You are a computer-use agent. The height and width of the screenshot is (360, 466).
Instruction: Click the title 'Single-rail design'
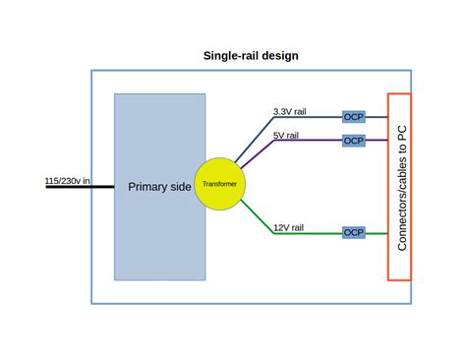coord(251,55)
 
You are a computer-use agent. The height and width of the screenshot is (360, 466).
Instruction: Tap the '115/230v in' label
coord(67,181)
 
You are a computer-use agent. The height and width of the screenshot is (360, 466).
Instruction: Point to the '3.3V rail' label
coord(291,111)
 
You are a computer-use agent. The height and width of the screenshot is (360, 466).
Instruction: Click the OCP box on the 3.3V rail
coord(354,117)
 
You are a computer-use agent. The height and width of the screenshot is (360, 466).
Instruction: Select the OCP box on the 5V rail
coord(354,141)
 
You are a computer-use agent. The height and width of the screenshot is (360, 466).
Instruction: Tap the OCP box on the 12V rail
coord(354,233)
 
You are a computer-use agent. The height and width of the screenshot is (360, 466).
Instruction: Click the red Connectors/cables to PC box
coord(400,186)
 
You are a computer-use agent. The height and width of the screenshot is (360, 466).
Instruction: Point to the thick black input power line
coord(69,187)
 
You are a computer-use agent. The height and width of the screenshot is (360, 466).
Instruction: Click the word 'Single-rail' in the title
coord(231,55)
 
